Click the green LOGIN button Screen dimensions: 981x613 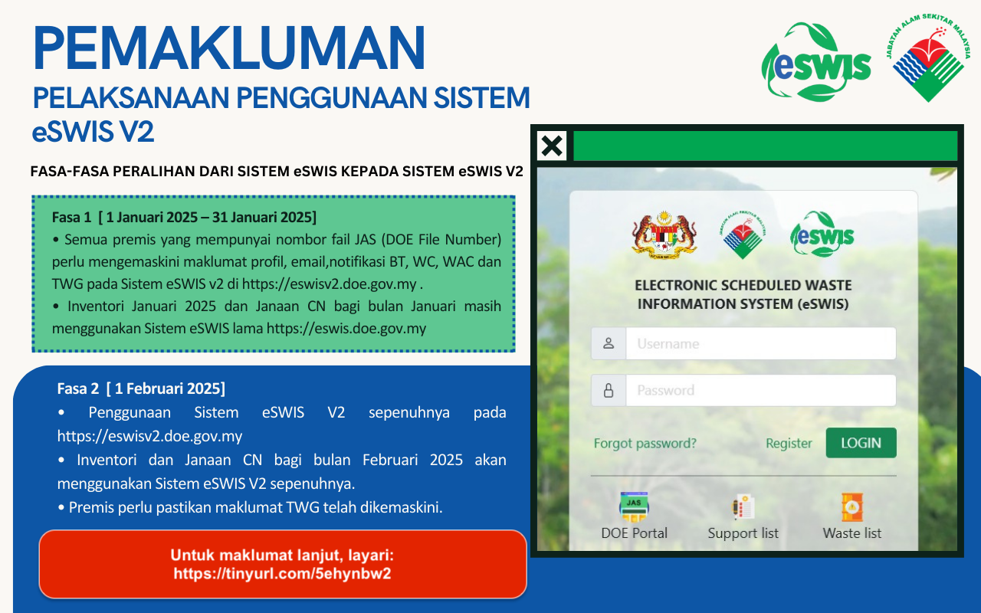click(x=861, y=443)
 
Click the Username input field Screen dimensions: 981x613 click(x=761, y=344)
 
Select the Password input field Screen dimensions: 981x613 click(x=761, y=390)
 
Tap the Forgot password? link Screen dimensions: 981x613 click(x=645, y=443)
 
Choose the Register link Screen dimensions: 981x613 click(x=789, y=443)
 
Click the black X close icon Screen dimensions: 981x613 click(x=552, y=146)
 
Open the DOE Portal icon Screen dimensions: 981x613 click(x=634, y=507)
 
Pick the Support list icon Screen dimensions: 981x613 click(x=743, y=506)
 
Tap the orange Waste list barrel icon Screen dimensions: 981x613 click(x=851, y=507)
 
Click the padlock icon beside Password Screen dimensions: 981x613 click(x=609, y=390)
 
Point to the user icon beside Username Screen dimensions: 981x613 click(x=609, y=343)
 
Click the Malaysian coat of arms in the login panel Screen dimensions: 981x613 click(x=664, y=235)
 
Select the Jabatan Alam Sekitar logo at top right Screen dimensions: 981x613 click(x=928, y=57)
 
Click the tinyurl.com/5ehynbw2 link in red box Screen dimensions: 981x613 click(x=282, y=574)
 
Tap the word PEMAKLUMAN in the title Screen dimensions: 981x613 click(x=228, y=48)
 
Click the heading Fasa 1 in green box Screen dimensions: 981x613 click(x=71, y=217)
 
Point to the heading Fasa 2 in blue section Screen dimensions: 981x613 click(x=77, y=388)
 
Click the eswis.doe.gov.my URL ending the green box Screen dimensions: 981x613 click(x=346, y=329)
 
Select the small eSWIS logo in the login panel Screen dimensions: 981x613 click(x=822, y=234)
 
